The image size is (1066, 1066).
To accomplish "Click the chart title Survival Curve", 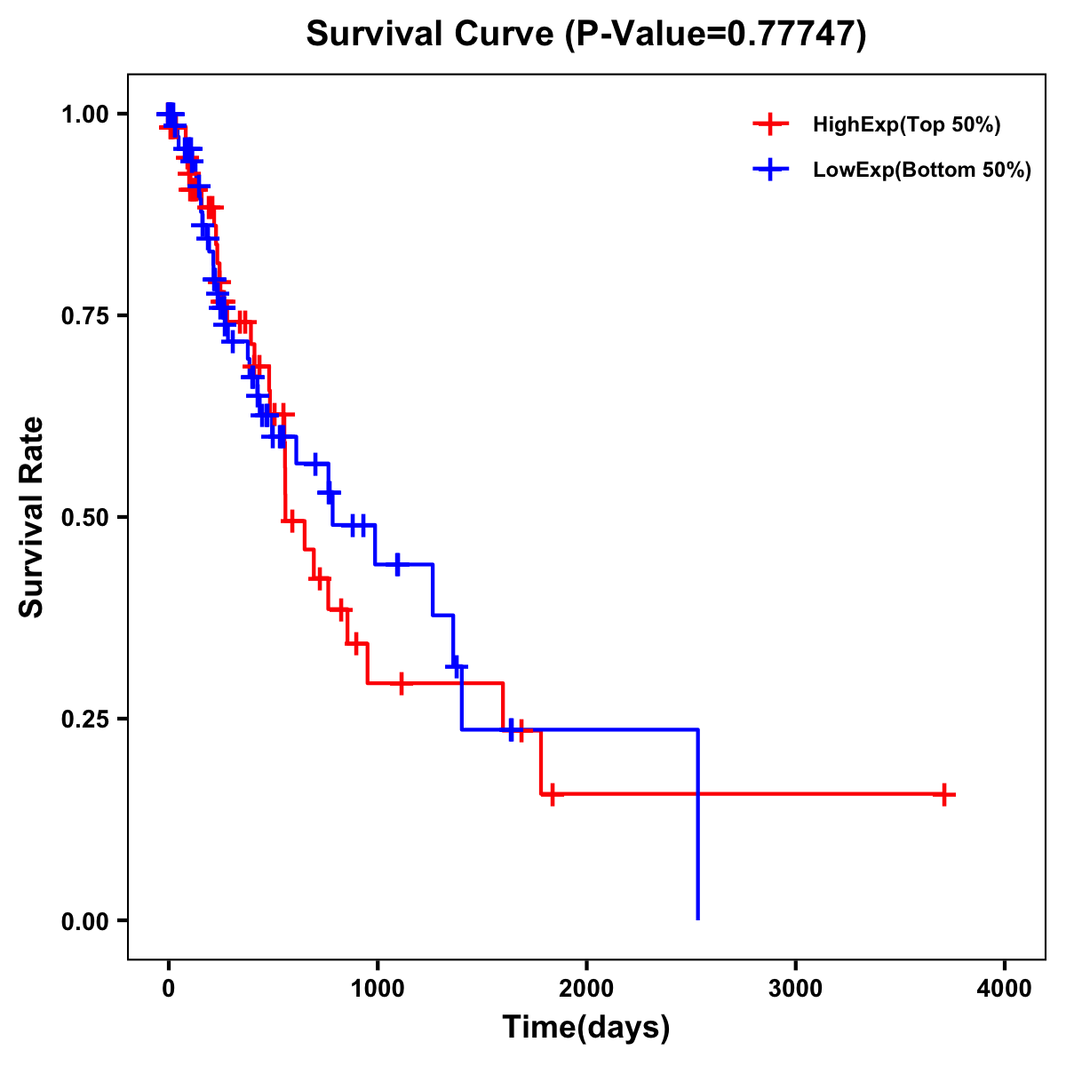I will point(432,35).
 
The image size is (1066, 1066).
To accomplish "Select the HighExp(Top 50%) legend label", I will point(906,125).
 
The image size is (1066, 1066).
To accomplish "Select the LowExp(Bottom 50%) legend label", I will point(922,171).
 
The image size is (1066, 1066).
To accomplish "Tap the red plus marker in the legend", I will point(770,125).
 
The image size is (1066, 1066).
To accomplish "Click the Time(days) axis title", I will point(586,1028).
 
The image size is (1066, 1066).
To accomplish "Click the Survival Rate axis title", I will point(32,517).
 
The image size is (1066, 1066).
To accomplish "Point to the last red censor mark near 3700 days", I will point(945,795).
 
